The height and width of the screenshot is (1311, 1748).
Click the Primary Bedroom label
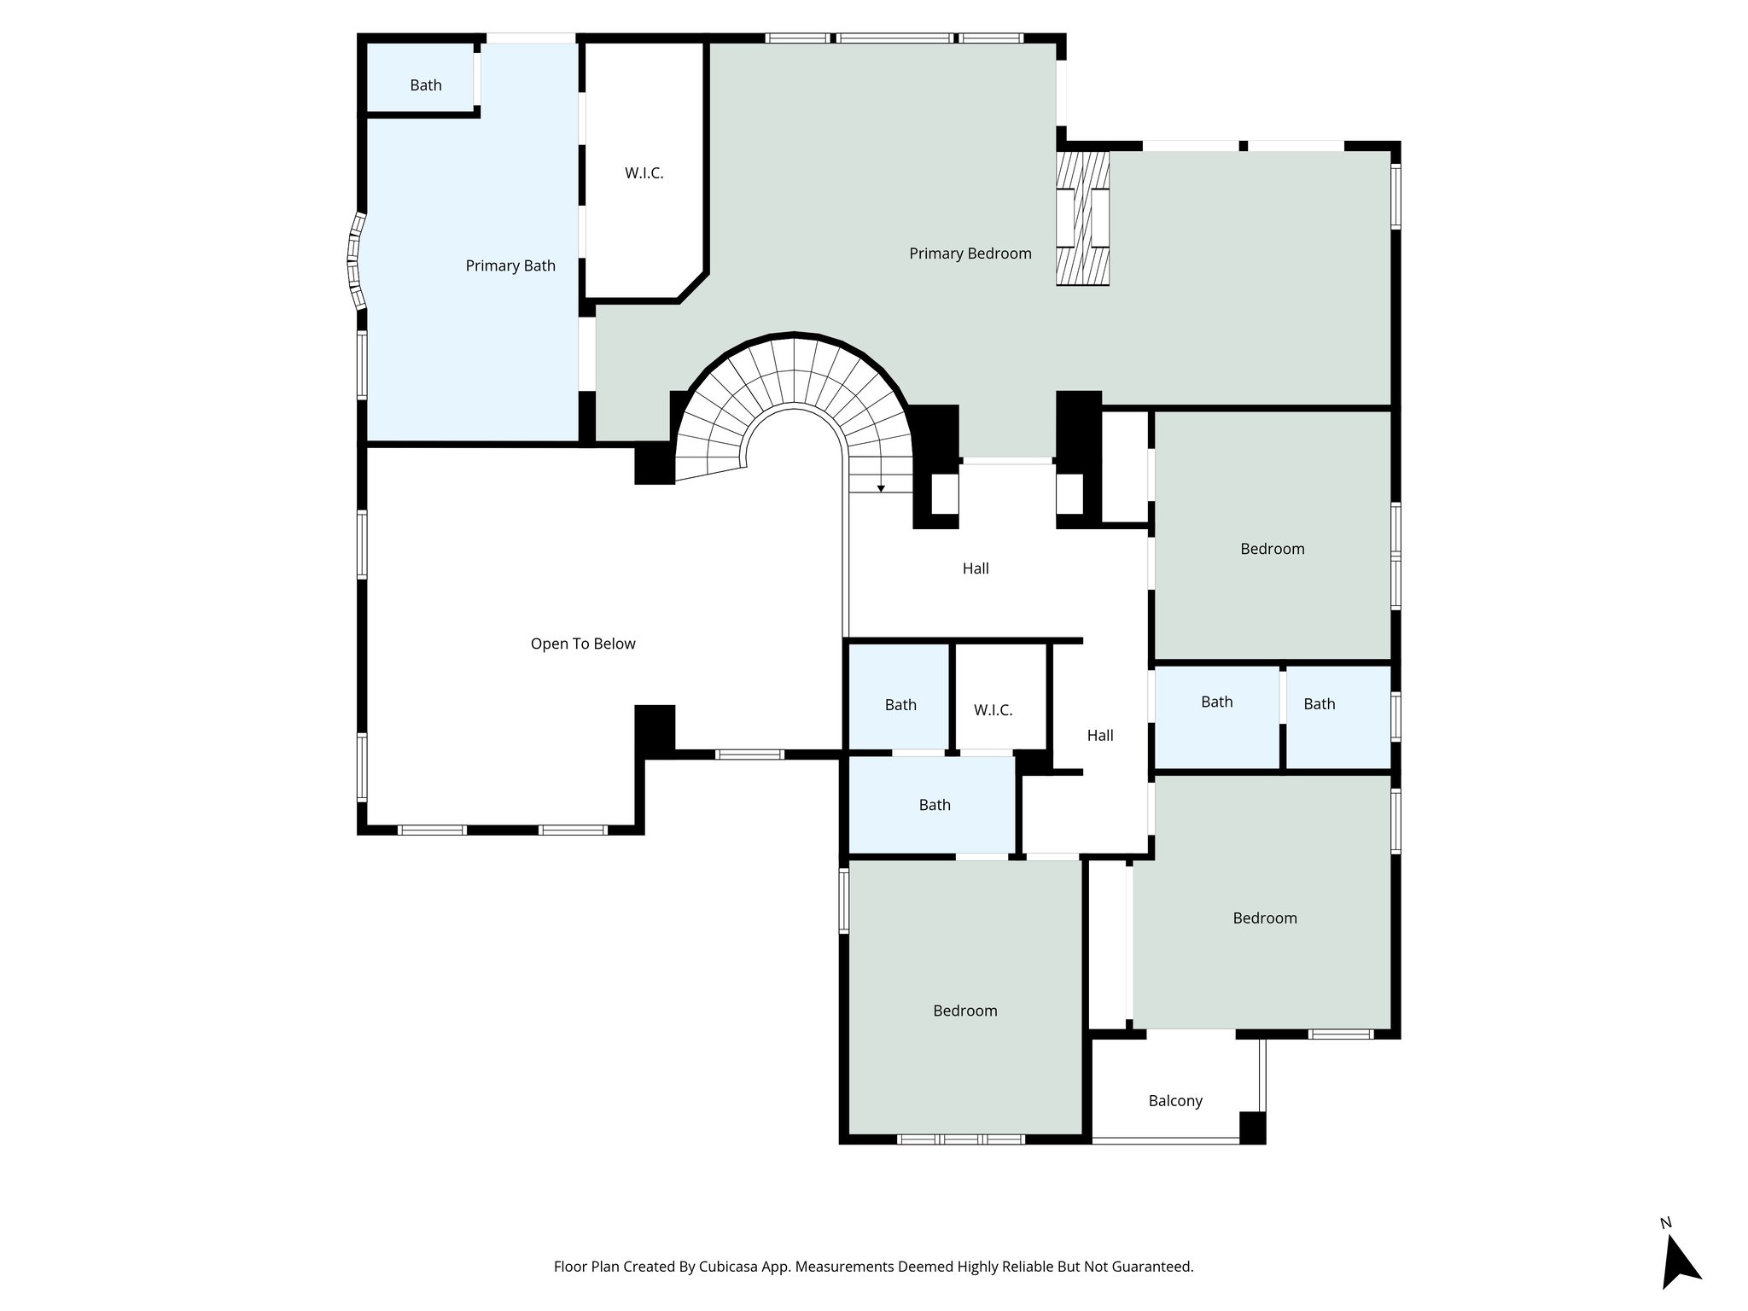click(x=970, y=253)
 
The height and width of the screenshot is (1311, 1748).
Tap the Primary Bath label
click(x=510, y=265)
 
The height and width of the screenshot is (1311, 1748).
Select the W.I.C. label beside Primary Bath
click(x=644, y=173)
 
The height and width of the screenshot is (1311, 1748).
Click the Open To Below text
click(x=583, y=644)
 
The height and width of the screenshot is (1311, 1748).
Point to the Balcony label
click(x=1175, y=1100)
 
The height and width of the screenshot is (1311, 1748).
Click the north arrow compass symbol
click(x=1678, y=1261)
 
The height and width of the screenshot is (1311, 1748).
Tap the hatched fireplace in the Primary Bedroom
click(x=1082, y=218)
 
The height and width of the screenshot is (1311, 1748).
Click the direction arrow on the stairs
click(x=881, y=487)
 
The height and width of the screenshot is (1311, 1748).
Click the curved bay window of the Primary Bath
click(x=354, y=260)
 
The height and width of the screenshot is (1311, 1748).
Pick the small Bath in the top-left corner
click(x=425, y=85)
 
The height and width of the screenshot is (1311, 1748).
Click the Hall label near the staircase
click(x=976, y=568)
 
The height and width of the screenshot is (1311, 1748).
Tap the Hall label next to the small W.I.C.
click(x=1100, y=735)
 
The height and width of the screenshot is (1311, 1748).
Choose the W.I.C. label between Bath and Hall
click(x=993, y=710)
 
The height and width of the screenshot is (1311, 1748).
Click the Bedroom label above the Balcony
click(x=1265, y=918)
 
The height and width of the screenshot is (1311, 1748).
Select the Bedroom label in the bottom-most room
click(x=964, y=1011)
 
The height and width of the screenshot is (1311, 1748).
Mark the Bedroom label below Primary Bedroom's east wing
click(x=1272, y=549)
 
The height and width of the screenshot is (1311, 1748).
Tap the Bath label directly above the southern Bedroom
click(x=935, y=805)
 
